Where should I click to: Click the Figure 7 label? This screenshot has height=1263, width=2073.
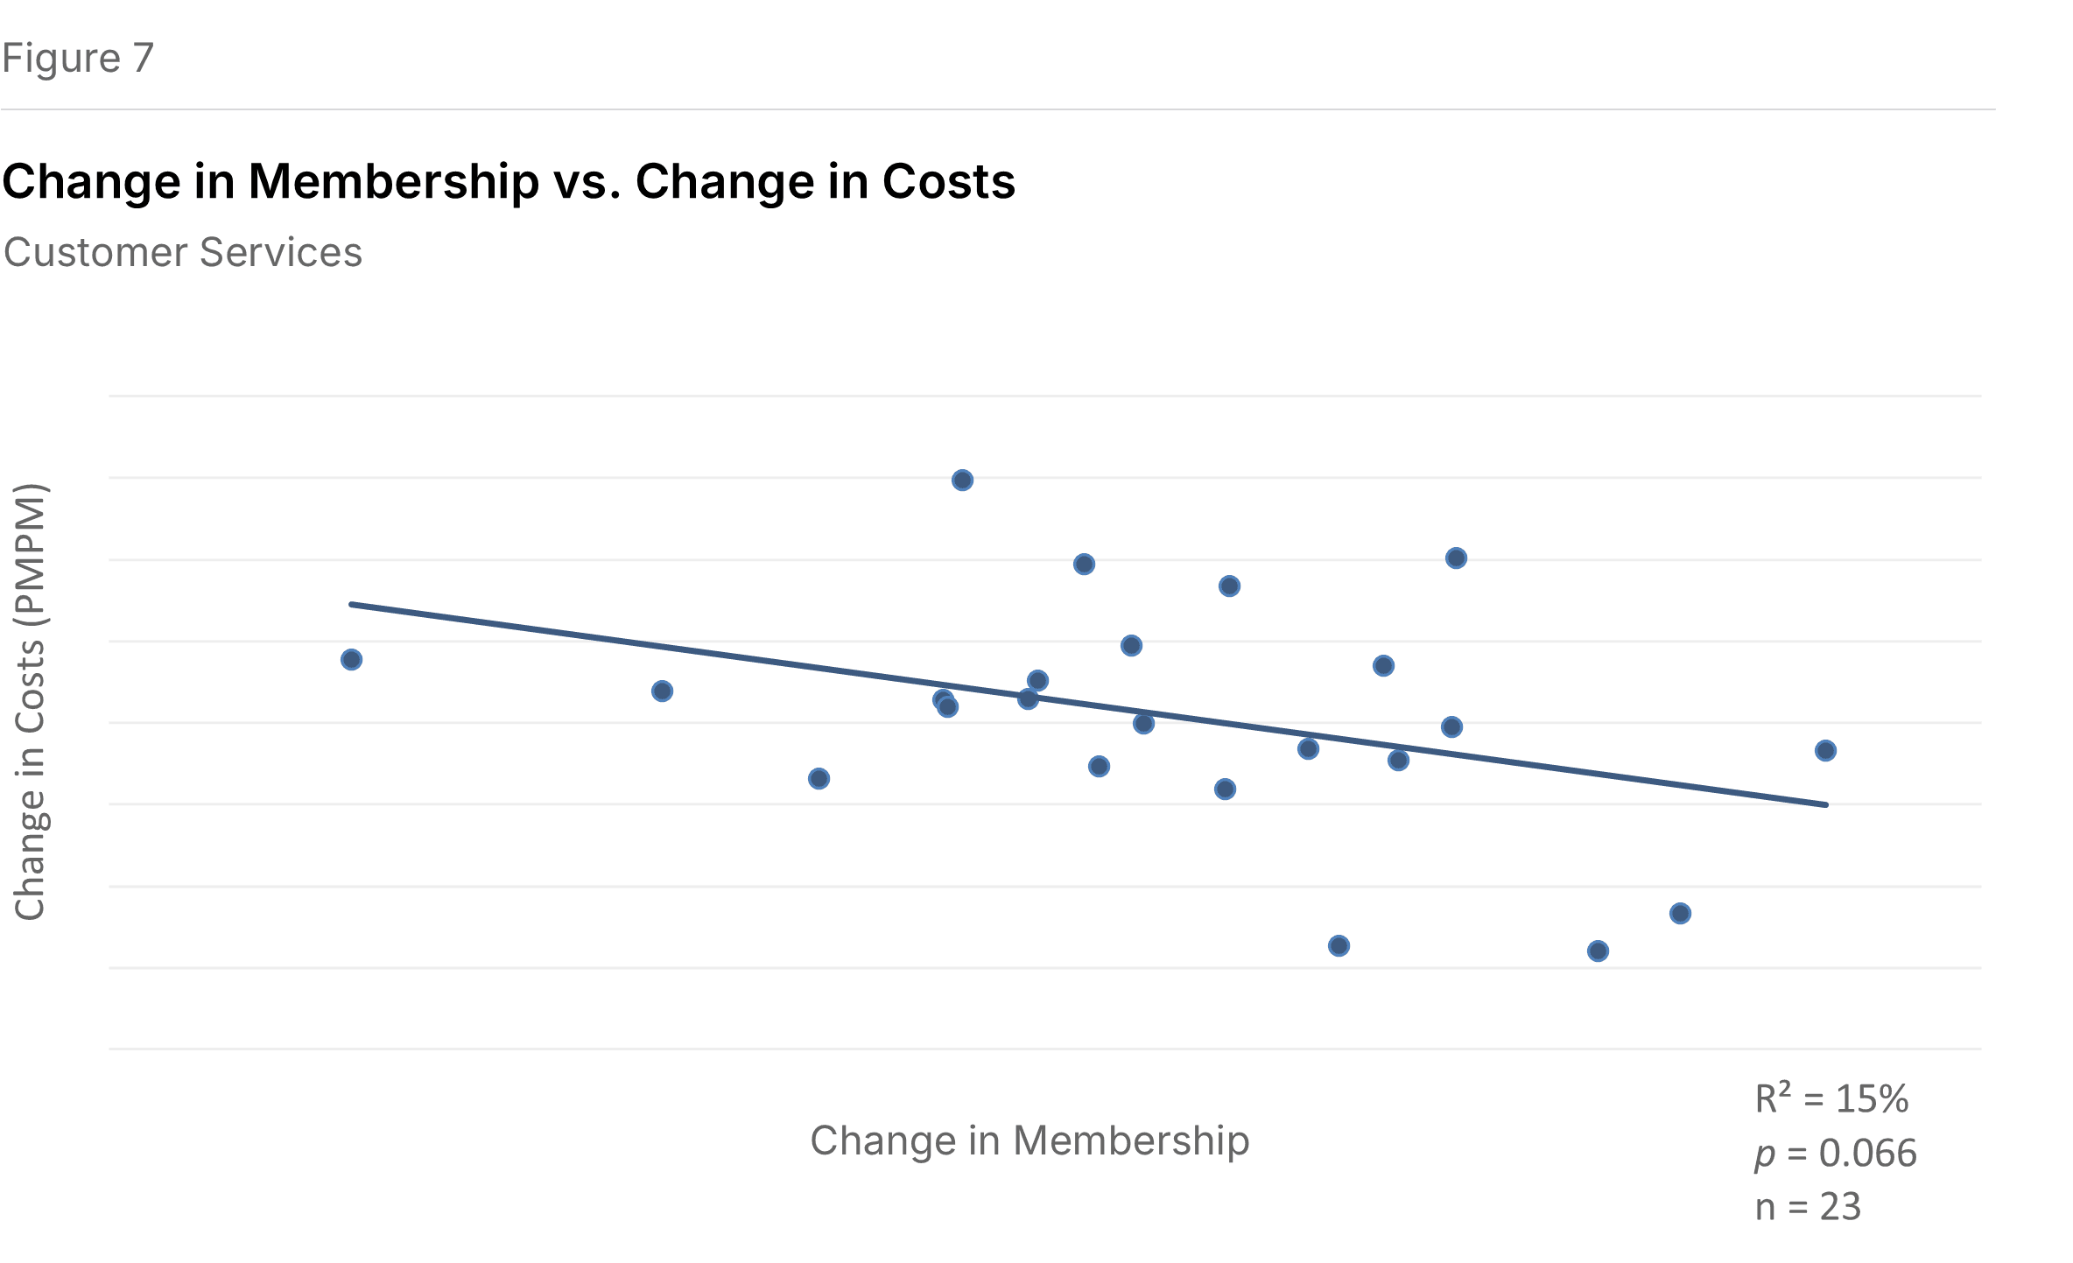pyautogui.click(x=78, y=59)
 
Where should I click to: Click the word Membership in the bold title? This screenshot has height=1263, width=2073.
pyautogui.click(x=393, y=182)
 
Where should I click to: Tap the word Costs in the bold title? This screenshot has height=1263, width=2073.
pyautogui.click(x=948, y=182)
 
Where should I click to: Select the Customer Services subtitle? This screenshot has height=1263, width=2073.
pyautogui.click(x=183, y=253)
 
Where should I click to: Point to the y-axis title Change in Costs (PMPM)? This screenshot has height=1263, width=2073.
pyautogui.click(x=31, y=702)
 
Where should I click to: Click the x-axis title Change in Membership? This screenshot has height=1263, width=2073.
pyautogui.click(x=1029, y=1140)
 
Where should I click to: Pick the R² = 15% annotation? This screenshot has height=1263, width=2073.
pyautogui.click(x=1831, y=1099)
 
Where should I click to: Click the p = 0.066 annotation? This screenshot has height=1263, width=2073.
pyautogui.click(x=1836, y=1154)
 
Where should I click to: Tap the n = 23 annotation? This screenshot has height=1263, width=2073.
pyautogui.click(x=1808, y=1208)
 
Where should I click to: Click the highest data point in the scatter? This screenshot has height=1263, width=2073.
pyautogui.click(x=962, y=481)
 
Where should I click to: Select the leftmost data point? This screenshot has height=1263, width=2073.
pyautogui.click(x=351, y=660)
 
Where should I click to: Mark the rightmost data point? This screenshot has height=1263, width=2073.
pyautogui.click(x=1825, y=751)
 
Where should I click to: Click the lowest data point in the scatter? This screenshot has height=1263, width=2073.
pyautogui.click(x=1598, y=951)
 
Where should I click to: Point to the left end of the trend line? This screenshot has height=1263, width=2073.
pyautogui.click(x=352, y=604)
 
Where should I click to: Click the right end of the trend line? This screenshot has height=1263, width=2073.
pyautogui.click(x=1826, y=804)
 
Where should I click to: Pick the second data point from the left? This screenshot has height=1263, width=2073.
pyautogui.click(x=662, y=691)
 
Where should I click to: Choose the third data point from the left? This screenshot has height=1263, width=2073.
pyautogui.click(x=819, y=779)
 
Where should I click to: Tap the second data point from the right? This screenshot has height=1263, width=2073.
pyautogui.click(x=1680, y=914)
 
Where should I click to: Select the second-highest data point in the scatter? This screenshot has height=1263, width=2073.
pyautogui.click(x=1456, y=558)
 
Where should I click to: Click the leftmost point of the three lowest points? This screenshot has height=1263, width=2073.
pyautogui.click(x=1339, y=946)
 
